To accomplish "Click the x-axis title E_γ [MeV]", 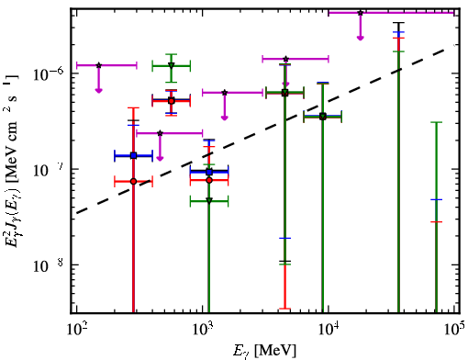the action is [264, 351].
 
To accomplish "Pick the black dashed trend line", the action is [262, 130].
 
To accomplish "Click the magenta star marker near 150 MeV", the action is [98, 65].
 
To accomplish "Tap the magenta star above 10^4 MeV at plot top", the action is [361, 13].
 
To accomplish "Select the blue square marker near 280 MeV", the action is [133, 155].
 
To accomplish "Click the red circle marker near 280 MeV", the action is [133, 181].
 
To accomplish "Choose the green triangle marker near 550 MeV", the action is [172, 65].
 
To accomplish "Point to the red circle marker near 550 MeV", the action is [172, 101].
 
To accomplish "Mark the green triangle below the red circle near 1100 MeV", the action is [209, 201].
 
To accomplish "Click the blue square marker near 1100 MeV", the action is [209, 172].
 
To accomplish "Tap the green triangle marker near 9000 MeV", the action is [323, 117].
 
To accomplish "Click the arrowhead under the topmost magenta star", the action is [361, 38].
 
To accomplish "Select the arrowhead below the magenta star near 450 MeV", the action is [160, 158].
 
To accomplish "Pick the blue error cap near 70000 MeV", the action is [436, 199].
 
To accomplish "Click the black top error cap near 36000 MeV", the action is [398, 23].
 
